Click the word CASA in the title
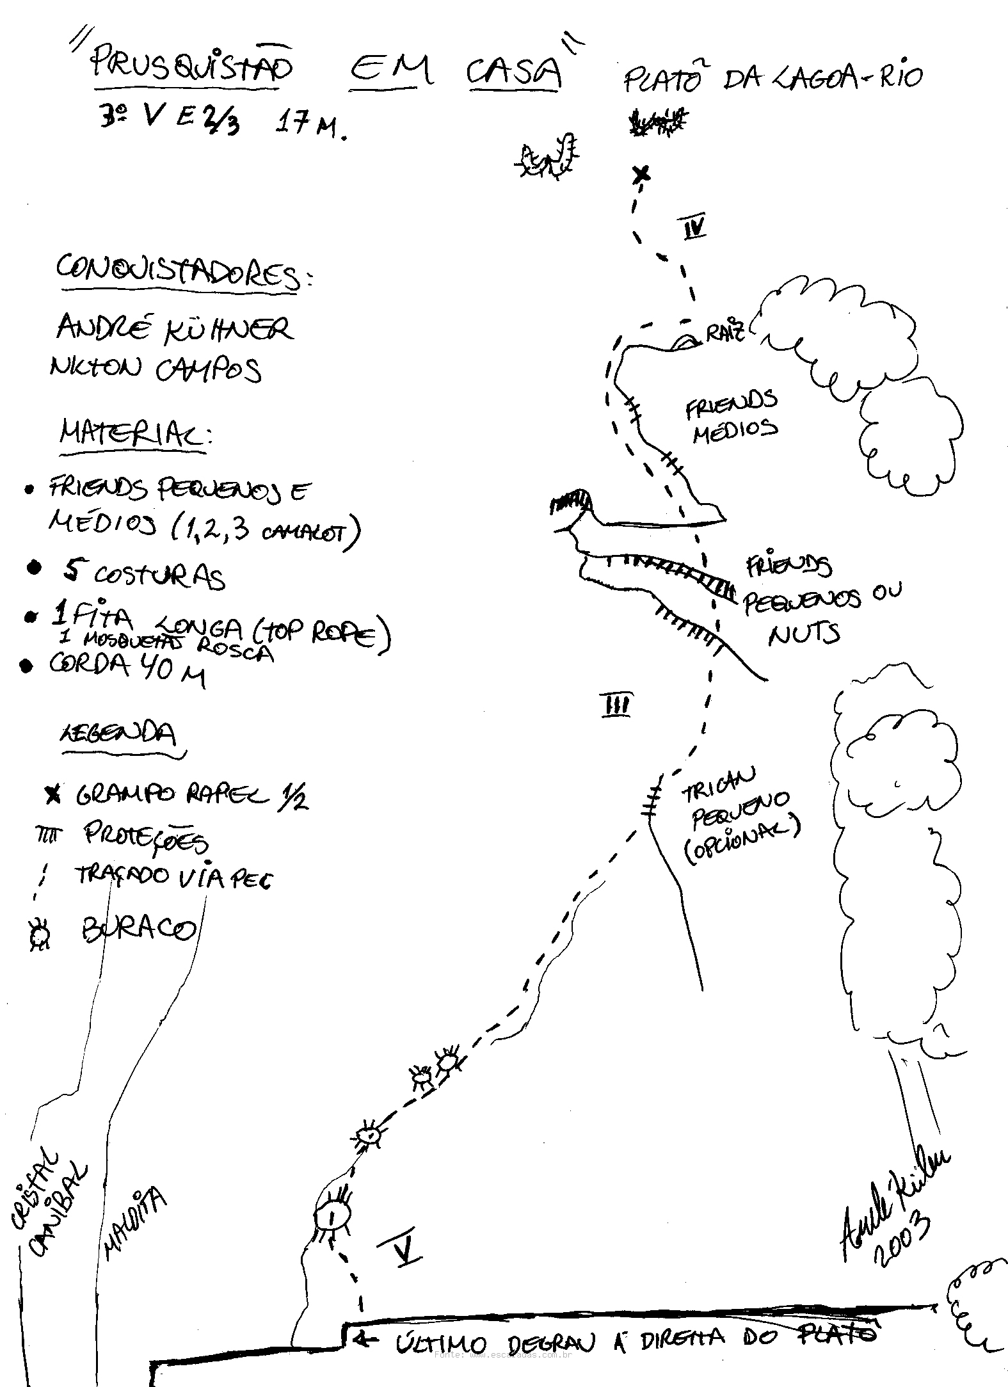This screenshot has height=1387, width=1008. [514, 72]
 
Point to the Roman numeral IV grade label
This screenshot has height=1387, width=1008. [694, 227]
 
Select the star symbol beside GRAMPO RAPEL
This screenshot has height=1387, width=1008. [53, 795]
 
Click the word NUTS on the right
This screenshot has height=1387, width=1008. [804, 634]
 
